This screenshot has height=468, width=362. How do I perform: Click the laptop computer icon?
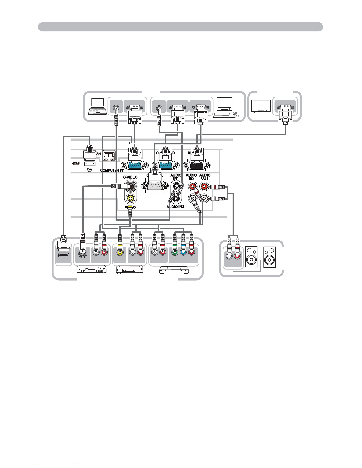coord(98,107)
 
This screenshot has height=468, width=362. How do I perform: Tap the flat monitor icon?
coord(261,107)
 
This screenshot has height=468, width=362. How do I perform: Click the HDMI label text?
coord(76,163)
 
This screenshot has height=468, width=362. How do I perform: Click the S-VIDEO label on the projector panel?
coord(130,177)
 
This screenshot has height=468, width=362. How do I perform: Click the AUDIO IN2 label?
coord(175,207)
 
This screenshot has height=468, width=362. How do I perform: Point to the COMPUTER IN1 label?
coord(112,170)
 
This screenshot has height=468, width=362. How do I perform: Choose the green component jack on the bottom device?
coord(175,253)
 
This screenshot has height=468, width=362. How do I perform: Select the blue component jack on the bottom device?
coord(183,253)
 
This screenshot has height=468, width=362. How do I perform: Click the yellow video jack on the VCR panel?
coord(119,253)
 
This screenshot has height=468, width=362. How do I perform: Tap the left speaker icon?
coord(251,257)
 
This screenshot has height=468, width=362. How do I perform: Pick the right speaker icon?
coord(270,257)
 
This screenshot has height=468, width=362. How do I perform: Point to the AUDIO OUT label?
coord(204,177)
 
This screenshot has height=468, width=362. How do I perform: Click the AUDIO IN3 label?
coord(191,177)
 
